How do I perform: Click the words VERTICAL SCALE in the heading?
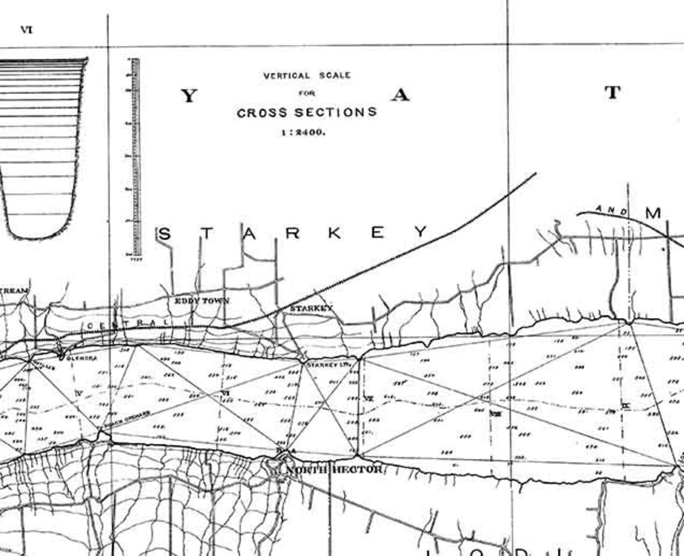pos(307,76)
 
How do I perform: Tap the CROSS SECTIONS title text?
pos(307,112)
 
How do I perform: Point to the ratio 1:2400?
pos(304,132)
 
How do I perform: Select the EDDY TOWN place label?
pos(202,300)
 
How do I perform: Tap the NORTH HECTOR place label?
pos(333,469)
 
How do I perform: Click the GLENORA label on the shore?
pos(81,358)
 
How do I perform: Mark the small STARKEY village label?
pos(311,308)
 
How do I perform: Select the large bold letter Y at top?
pos(189,96)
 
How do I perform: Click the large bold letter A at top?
pos(400,95)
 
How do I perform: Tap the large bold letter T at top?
pos(611,93)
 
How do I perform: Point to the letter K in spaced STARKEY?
pos(334,233)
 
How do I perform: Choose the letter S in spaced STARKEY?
pos(164,234)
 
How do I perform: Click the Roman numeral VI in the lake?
pos(226,393)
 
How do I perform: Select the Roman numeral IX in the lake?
pos(625,406)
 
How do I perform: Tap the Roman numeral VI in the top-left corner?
pos(26,29)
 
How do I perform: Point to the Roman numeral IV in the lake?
pos(78,393)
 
